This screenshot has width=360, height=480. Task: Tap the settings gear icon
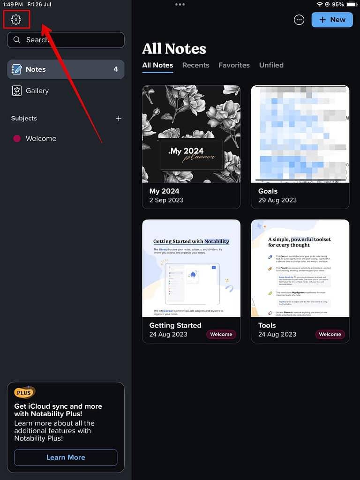point(16,19)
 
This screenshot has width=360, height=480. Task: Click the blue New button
point(332,20)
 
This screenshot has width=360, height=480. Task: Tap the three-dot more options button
point(299,20)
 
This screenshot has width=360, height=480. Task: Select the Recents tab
point(195,65)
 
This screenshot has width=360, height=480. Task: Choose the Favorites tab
point(234,65)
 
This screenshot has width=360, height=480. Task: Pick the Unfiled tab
point(271,65)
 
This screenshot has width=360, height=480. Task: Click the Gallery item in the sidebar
point(37,91)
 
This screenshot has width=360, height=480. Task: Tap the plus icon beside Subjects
point(119,119)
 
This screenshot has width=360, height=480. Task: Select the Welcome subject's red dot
point(17,139)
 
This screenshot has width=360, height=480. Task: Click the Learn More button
point(66,457)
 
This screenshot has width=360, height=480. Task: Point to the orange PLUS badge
point(24,393)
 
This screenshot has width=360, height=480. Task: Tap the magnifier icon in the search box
point(17,40)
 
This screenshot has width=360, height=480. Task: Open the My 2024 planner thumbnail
point(191,134)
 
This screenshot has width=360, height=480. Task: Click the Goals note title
point(268,191)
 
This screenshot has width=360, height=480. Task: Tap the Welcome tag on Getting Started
point(221,334)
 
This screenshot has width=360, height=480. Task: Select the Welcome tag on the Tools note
point(330,334)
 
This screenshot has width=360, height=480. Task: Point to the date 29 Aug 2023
point(277,200)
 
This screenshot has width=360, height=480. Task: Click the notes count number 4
point(115,69)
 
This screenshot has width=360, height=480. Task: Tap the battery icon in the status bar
point(351,4)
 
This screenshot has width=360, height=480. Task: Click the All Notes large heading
point(174,49)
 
